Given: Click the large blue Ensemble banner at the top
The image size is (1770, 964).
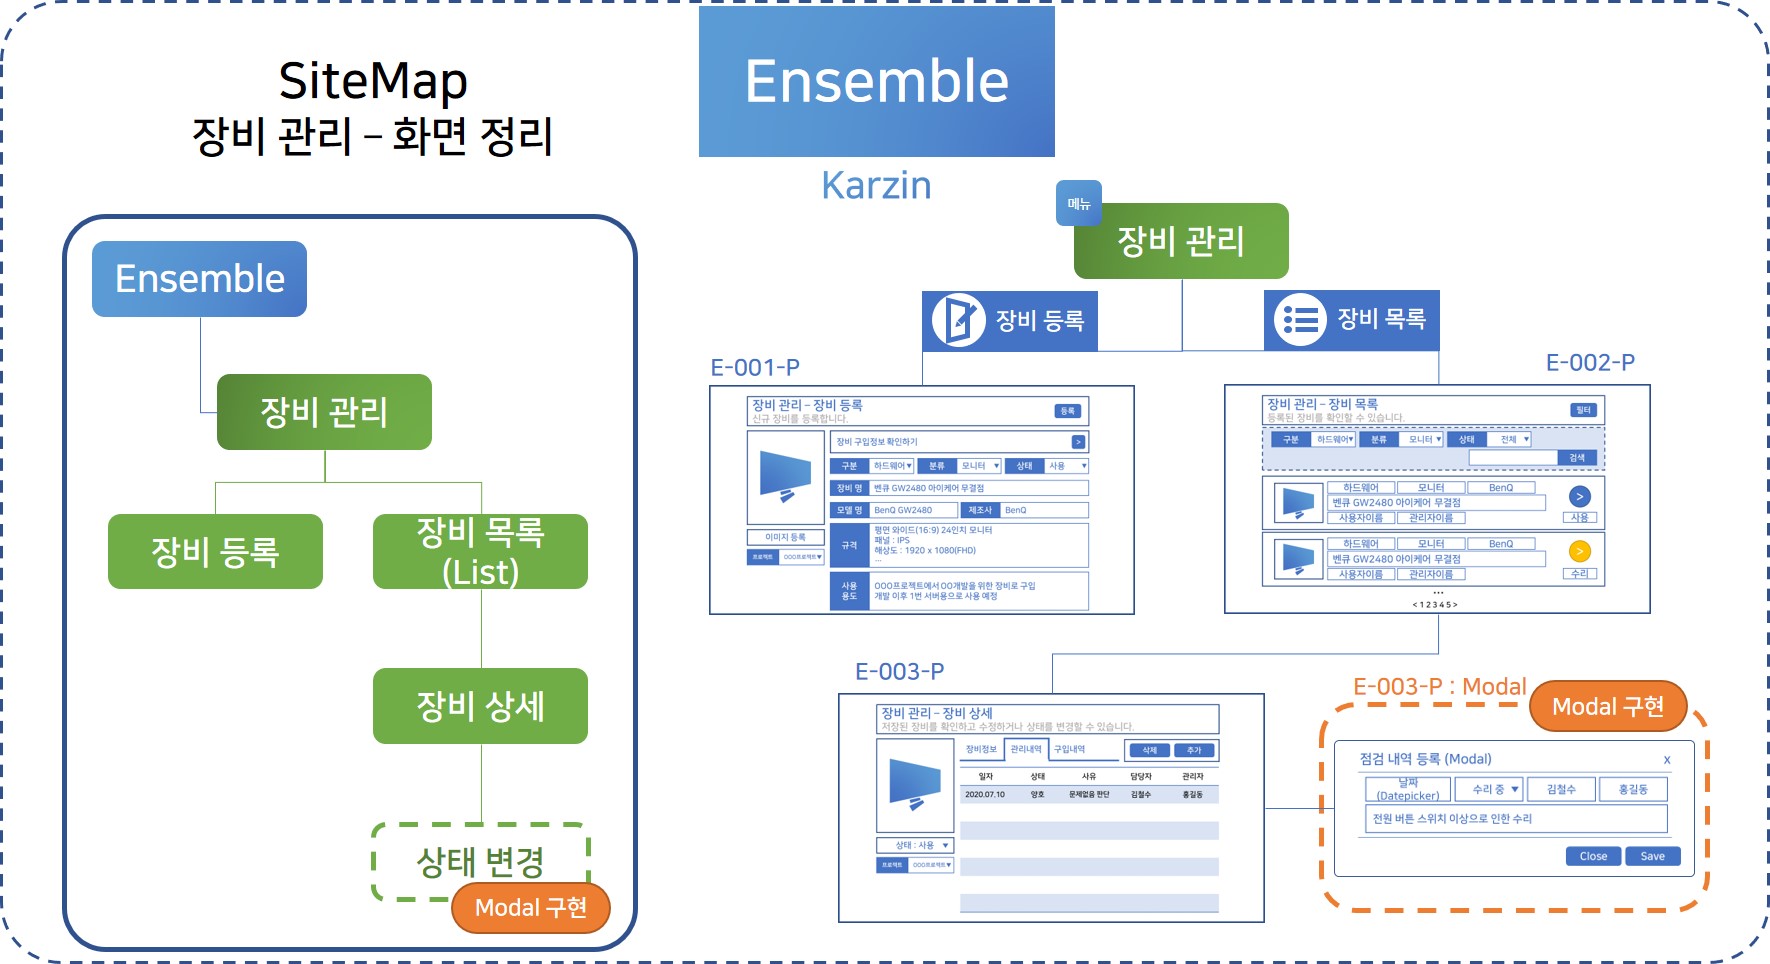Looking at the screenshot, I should coord(876,81).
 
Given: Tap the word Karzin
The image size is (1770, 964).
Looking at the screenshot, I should coord(876,186).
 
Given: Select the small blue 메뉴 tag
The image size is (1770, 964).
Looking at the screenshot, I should coord(1079,203).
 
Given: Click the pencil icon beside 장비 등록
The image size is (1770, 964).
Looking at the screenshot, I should coord(959,320).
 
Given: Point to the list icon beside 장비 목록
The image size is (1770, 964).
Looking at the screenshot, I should coord(1300,320).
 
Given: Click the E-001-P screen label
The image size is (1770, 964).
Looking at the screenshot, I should coord(755,368).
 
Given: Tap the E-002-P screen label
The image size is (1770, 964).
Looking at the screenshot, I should coord(1590,363).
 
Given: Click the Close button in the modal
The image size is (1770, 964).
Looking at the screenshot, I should coord(1593,856).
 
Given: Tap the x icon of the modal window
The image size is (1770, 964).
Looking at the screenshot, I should coord(1667,760).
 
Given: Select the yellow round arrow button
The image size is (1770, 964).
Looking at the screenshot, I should coord(1580,551).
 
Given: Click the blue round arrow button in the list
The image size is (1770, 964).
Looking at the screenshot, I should coord(1580,496).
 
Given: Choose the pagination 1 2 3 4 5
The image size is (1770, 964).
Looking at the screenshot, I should coord(1435,605).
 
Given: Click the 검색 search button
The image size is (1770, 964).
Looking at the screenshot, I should coord(1577,458).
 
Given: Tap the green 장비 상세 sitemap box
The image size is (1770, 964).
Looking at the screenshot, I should coord(480,706).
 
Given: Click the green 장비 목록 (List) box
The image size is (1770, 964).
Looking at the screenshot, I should coord(480,551).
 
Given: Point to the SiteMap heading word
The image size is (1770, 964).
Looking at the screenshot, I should coord(373,81).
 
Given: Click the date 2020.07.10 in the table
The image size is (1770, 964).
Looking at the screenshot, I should coord(985,795).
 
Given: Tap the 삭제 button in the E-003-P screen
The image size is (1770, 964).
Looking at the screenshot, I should coord(1150,750).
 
